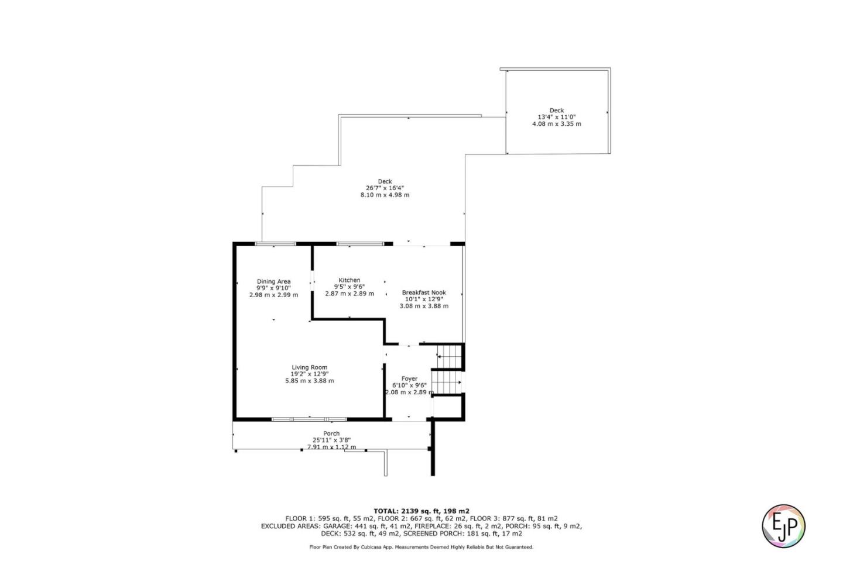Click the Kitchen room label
pos(349,280)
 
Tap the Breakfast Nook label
pos(424,292)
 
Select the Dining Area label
pos(273,281)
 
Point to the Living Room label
pos(310,367)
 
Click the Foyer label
pos(409,378)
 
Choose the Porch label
pos(331,433)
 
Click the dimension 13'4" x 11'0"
pos(556,117)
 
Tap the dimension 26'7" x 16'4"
pos(385,188)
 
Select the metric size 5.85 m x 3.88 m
pos(310,381)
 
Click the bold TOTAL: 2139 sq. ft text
pos(421,511)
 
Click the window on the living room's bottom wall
pos(309,419)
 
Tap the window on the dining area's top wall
pos(275,243)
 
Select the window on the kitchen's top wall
pos(359,243)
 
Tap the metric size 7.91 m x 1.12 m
pos(331,447)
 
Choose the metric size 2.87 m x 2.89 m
pos(349,294)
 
